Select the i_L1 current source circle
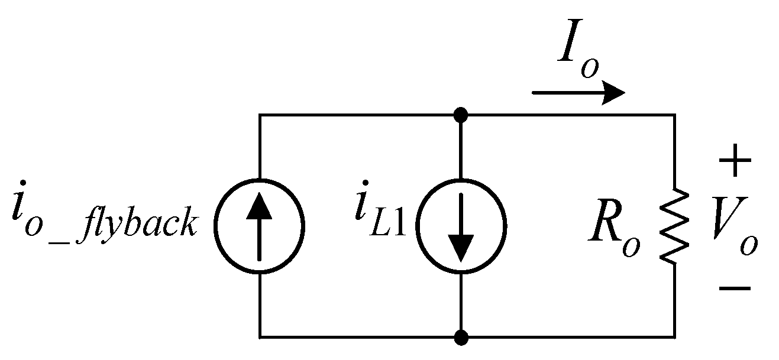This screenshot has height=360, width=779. [461, 226]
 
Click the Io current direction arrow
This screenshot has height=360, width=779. [578, 93]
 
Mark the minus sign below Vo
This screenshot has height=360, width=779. [735, 288]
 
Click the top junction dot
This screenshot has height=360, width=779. [461, 115]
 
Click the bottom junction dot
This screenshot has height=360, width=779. [461, 338]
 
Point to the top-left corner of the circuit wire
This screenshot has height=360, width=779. [260, 115]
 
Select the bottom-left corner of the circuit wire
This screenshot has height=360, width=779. [260, 338]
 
